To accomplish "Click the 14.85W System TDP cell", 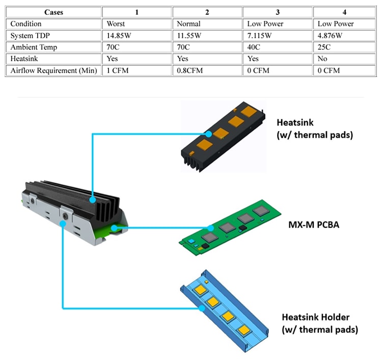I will [x=119, y=36].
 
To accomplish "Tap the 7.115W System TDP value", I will [x=261, y=36].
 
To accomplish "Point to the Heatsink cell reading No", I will [x=323, y=59].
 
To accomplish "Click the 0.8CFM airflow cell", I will [x=189, y=71].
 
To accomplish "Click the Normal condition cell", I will [x=188, y=24].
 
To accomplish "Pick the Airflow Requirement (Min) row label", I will [x=53, y=71].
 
